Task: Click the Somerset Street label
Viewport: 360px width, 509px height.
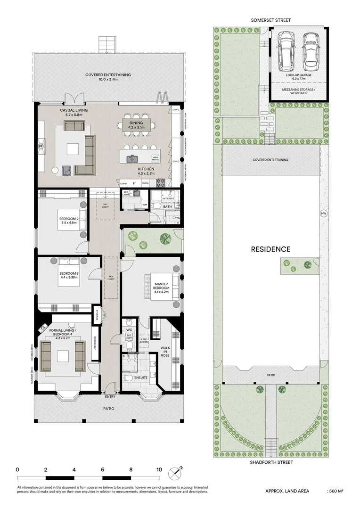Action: click(271, 20)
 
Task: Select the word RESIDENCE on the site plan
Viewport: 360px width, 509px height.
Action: click(270, 249)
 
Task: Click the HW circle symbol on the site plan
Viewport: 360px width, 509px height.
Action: click(323, 213)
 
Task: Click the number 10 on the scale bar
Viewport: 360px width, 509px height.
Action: click(159, 470)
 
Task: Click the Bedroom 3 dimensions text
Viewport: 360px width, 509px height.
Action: click(68, 278)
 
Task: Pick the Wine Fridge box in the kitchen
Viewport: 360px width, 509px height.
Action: click(155, 158)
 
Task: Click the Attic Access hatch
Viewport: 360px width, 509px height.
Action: click(145, 340)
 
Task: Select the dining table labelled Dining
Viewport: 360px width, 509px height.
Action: click(136, 124)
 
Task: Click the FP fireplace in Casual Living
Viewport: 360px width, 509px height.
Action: click(41, 146)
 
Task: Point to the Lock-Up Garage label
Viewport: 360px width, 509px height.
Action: click(298, 74)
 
